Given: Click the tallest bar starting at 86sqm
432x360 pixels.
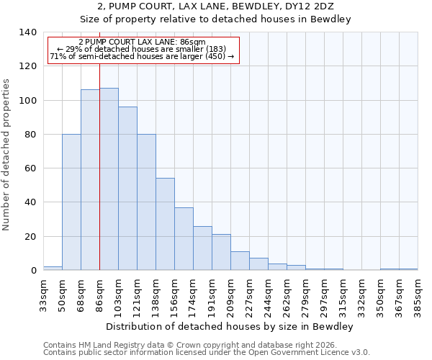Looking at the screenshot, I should click(x=109, y=179).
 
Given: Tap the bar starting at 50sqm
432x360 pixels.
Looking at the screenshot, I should click(x=71, y=202).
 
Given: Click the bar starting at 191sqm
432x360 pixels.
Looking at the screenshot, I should click(x=221, y=252).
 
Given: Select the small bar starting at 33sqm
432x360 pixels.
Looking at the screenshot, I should click(x=53, y=268).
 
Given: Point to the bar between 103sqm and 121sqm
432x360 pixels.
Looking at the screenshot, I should click(x=127, y=189).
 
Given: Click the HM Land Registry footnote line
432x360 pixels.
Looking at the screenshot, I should click(x=190, y=345).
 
